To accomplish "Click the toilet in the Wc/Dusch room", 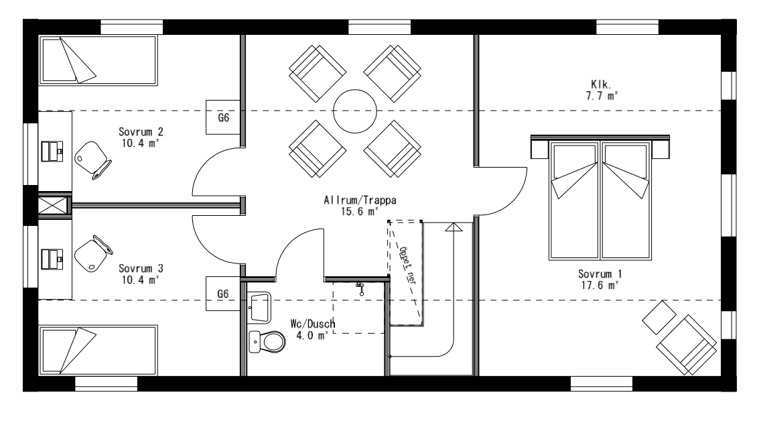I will point(266,343).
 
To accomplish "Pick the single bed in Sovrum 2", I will point(99,61).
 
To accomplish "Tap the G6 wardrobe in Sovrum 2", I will point(224,117).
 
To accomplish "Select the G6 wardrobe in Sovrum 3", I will point(224,294).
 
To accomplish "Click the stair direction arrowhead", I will point(454,228).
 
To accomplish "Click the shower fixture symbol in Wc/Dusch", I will point(360,287).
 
